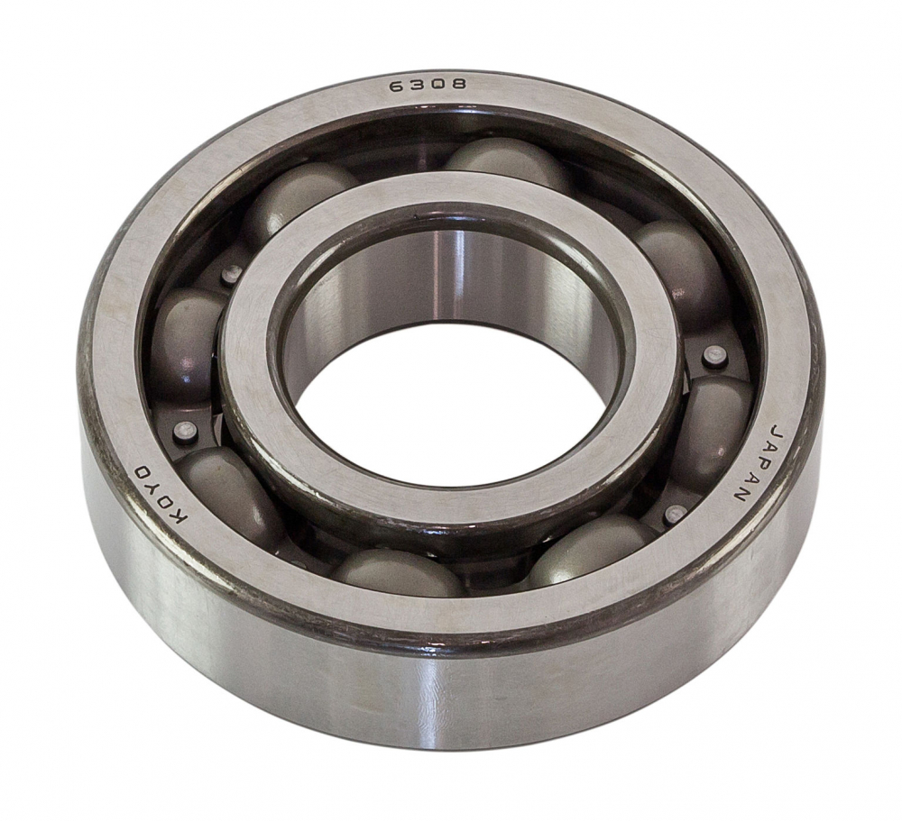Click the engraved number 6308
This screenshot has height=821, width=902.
[x=428, y=85]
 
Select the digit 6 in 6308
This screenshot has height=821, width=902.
[x=397, y=87]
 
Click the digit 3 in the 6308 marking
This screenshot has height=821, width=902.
[x=417, y=86]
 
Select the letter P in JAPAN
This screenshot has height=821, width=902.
[x=754, y=462]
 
